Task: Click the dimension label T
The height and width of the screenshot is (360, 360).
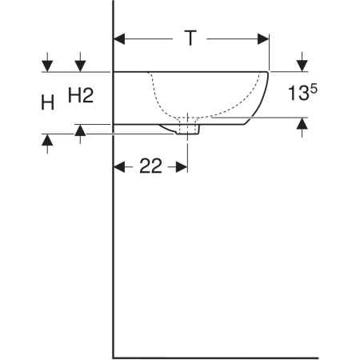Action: [x=190, y=38]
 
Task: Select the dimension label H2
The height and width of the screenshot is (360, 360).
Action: [x=81, y=95]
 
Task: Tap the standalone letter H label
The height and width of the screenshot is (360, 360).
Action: [x=48, y=102]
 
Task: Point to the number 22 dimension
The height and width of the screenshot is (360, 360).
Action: [x=150, y=166]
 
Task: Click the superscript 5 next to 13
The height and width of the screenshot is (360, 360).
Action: [x=314, y=88]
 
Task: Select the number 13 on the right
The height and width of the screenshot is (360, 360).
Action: [x=298, y=93]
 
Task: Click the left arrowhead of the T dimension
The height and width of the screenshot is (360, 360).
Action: [x=119, y=39]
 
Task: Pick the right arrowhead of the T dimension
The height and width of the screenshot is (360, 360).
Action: [x=263, y=39]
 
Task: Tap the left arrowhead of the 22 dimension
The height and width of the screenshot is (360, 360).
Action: [x=119, y=167]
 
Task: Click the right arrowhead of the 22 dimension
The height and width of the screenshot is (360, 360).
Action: [x=182, y=167]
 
